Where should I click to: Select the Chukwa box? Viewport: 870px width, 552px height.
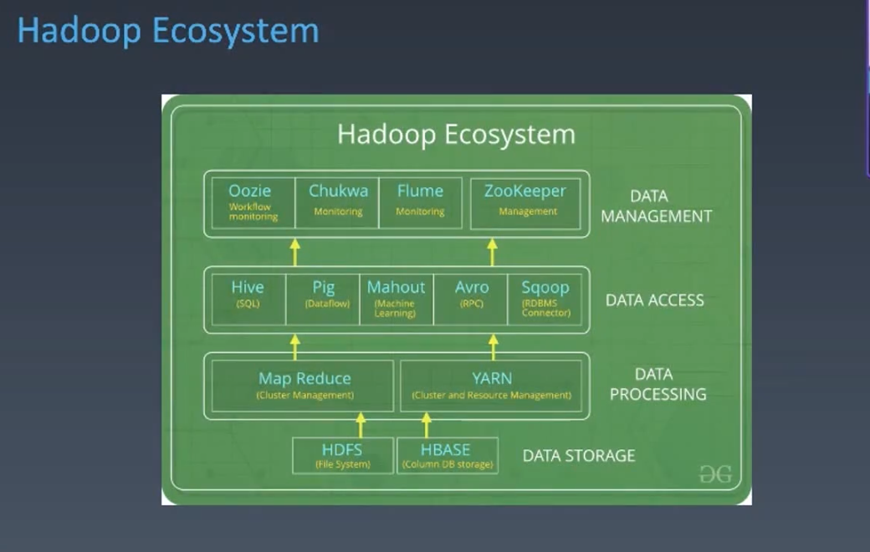[x=337, y=202]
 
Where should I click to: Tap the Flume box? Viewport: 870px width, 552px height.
[x=420, y=202]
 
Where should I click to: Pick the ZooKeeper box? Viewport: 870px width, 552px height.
[x=525, y=202]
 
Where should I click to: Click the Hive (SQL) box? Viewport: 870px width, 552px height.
[x=248, y=299]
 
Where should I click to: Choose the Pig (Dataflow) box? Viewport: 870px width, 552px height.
[x=323, y=299]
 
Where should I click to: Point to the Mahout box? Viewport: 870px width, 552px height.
[x=396, y=299]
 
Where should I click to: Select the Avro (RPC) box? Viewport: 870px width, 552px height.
[x=471, y=299]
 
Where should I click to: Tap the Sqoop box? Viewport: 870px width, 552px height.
[x=545, y=299]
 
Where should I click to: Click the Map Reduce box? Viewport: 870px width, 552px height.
[x=303, y=386]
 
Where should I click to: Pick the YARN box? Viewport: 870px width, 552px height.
[x=492, y=386]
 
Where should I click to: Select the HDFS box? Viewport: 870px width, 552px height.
[x=342, y=455]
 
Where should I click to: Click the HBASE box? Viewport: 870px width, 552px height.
[x=447, y=455]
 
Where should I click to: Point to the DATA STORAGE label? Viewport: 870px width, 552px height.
[x=578, y=456]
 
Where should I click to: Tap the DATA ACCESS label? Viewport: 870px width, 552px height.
[x=654, y=300]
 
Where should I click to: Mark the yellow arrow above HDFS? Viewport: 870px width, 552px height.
[x=361, y=424]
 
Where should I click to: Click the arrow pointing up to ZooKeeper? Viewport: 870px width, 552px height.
[x=492, y=252]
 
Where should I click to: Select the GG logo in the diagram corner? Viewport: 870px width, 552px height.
[x=715, y=475]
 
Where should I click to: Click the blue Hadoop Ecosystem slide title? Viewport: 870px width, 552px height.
[x=167, y=31]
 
